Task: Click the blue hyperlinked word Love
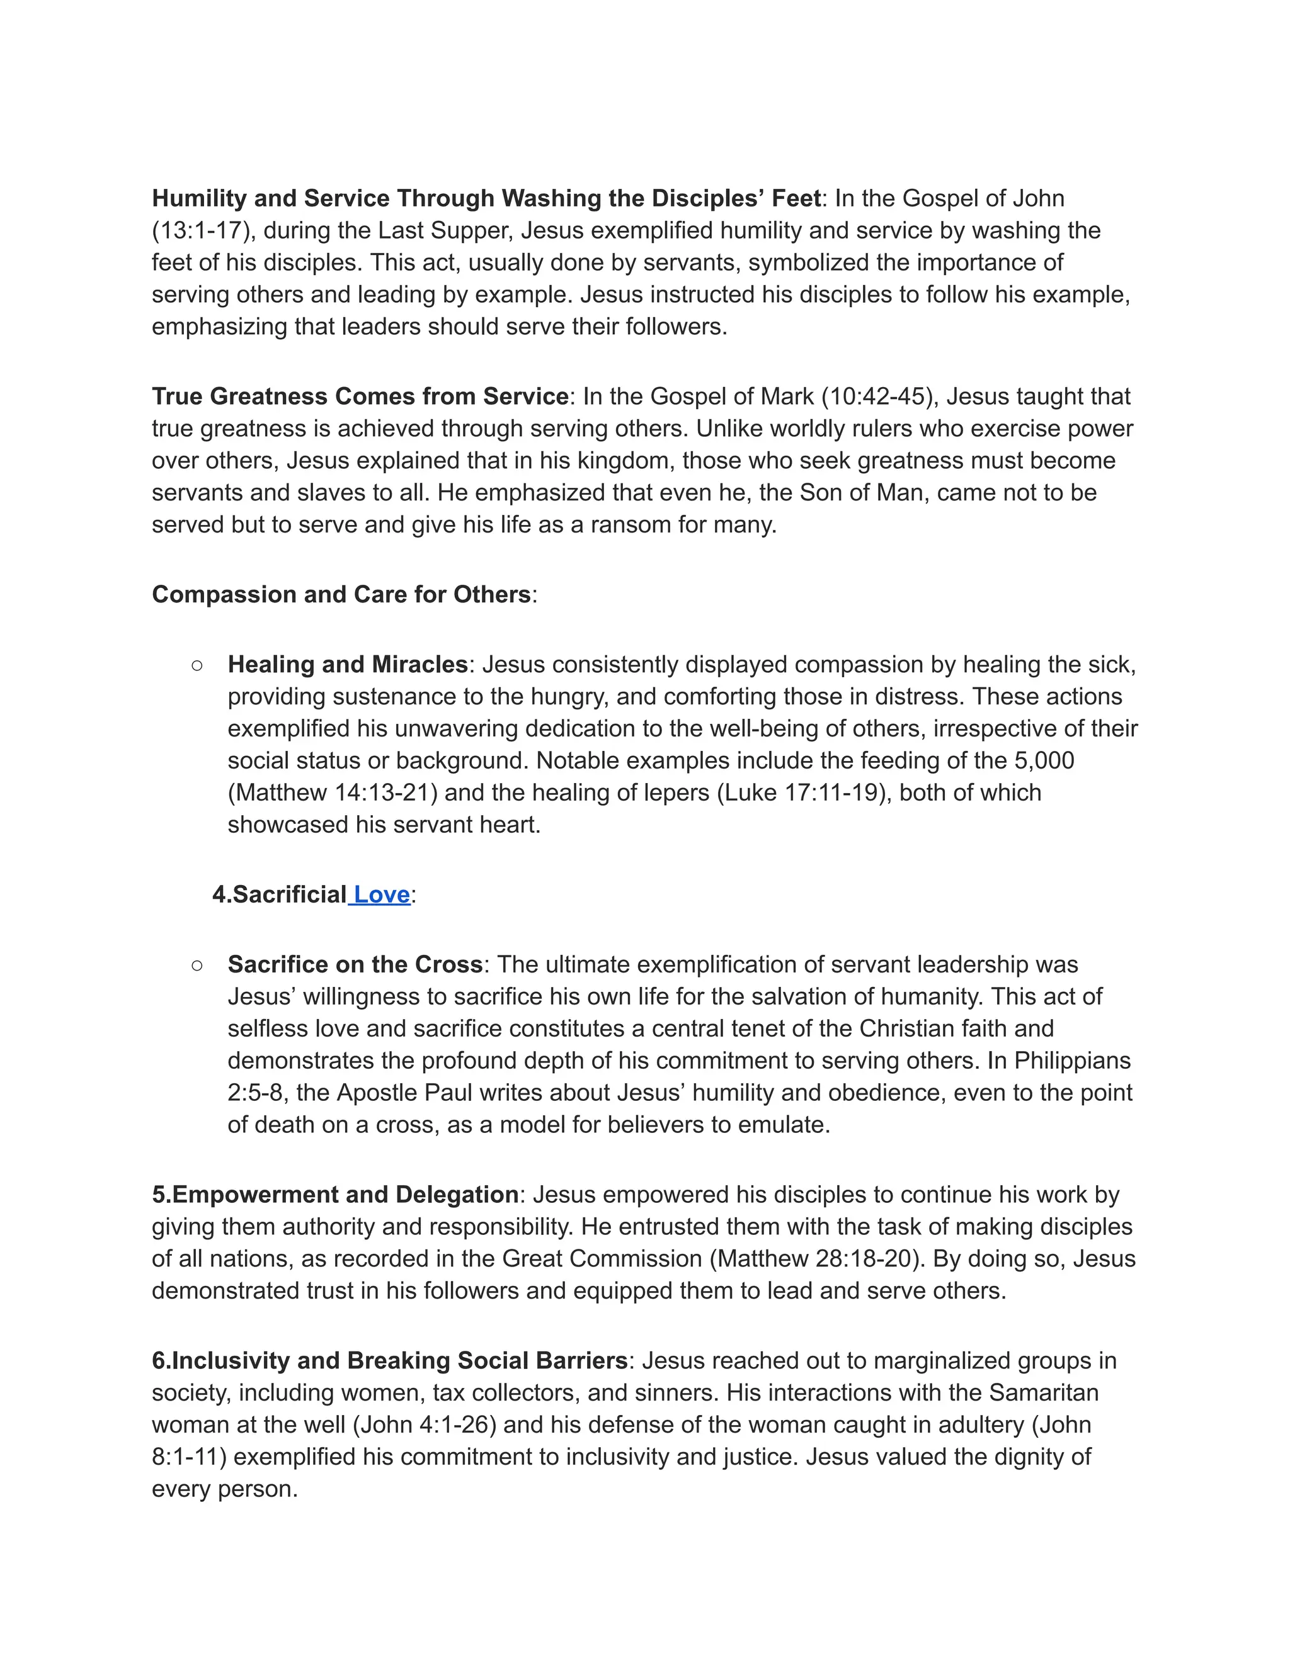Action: point(381,894)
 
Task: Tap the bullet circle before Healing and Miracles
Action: point(197,665)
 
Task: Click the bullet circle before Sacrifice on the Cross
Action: point(197,966)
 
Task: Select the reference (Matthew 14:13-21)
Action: point(333,792)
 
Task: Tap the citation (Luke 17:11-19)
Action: point(804,792)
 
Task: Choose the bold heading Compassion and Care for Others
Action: point(341,594)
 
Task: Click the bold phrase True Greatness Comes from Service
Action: point(360,397)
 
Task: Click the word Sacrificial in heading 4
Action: point(289,894)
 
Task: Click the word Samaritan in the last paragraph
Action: point(1043,1393)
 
